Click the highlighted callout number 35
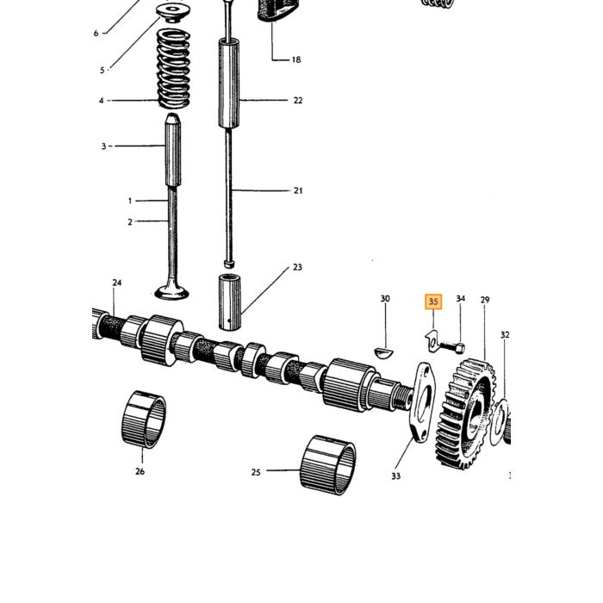(x=433, y=301)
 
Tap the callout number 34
(x=460, y=298)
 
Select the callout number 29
(x=484, y=300)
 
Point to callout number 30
(x=385, y=298)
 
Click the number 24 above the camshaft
(x=117, y=283)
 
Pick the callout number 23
(x=297, y=267)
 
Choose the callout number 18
(x=295, y=59)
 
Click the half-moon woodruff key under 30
(x=383, y=352)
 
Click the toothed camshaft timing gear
(x=465, y=413)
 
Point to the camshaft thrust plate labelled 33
(x=421, y=402)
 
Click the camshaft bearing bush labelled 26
(x=144, y=420)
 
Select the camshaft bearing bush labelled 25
(x=327, y=465)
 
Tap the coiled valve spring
(x=174, y=68)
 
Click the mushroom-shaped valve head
(x=171, y=293)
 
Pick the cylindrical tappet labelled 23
(x=230, y=301)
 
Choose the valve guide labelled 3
(x=173, y=150)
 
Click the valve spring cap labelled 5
(x=172, y=12)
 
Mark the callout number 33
(x=395, y=476)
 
